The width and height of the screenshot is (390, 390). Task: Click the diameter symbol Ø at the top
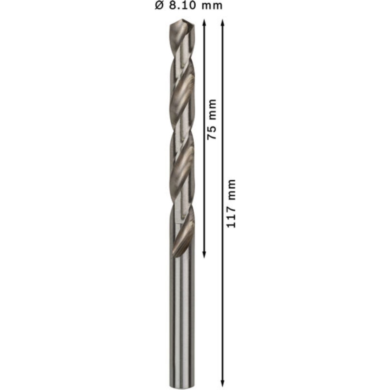(159, 5)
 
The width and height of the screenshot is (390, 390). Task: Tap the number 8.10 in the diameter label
(182, 5)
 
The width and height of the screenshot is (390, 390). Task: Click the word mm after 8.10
(212, 6)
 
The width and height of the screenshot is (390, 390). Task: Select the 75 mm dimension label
(212, 119)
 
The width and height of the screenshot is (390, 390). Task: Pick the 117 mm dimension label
(231, 203)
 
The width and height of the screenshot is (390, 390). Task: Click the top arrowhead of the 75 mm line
(204, 23)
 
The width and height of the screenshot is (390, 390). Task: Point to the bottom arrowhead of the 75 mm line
(204, 255)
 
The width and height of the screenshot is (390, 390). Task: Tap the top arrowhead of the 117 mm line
(223, 23)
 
